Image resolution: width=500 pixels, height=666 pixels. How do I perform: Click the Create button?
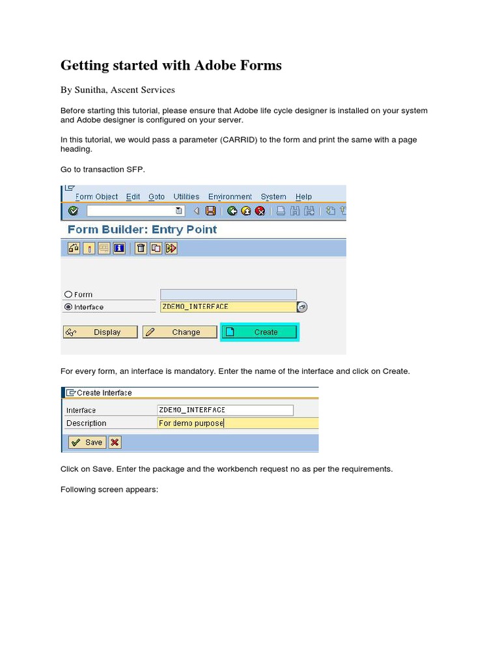pyautogui.click(x=259, y=332)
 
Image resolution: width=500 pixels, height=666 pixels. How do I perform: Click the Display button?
pyautogui.click(x=100, y=332)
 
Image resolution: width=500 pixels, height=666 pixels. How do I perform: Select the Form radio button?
pyautogui.click(x=68, y=294)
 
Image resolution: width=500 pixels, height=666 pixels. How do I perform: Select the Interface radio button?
pyautogui.click(x=68, y=307)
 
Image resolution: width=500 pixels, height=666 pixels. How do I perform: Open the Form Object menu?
pyautogui.click(x=96, y=196)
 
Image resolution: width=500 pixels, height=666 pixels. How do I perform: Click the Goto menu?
pyautogui.click(x=156, y=196)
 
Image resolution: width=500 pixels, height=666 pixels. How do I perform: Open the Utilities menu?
pyautogui.click(x=186, y=196)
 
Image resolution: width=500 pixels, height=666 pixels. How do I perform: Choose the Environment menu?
pyautogui.click(x=230, y=196)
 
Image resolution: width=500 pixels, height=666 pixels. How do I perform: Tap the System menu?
pyautogui.click(x=273, y=196)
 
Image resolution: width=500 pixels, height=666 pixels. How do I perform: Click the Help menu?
pyautogui.click(x=303, y=196)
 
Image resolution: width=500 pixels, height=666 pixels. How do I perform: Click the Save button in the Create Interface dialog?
pyautogui.click(x=87, y=442)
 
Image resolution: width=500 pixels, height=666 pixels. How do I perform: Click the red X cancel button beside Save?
pyautogui.click(x=115, y=442)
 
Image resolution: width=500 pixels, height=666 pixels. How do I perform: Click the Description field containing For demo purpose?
pyautogui.click(x=238, y=423)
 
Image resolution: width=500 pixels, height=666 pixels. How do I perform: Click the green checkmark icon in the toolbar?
pyautogui.click(x=73, y=211)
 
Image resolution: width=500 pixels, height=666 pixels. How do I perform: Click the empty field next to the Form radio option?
pyautogui.click(x=228, y=294)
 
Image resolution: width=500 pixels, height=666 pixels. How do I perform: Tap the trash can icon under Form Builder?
pyautogui.click(x=141, y=248)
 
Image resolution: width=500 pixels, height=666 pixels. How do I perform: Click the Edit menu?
pyautogui.click(x=133, y=196)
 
